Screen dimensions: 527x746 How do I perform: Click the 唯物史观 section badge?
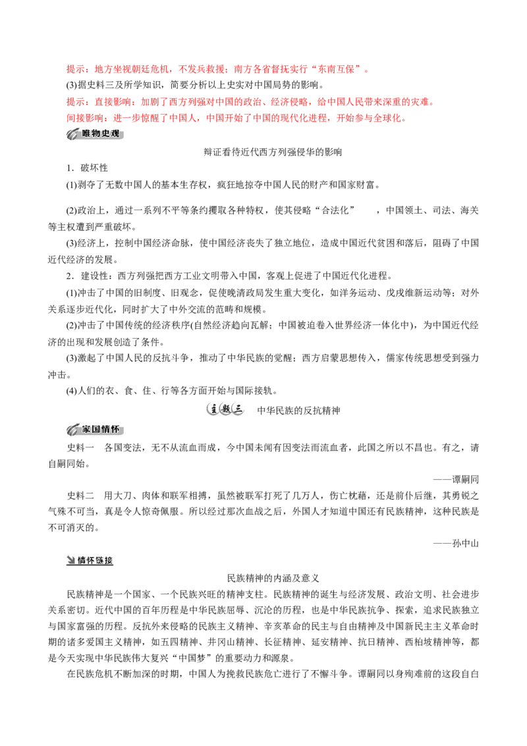95,134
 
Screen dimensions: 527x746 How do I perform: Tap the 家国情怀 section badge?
95,430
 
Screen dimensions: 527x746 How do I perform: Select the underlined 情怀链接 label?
90,560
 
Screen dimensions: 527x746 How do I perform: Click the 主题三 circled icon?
225,410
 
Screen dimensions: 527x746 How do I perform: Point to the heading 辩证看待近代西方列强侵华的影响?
273,152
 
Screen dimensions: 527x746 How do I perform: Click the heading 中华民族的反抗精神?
298,411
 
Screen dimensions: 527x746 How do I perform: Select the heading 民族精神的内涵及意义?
273,579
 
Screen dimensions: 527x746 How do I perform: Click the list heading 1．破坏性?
87,168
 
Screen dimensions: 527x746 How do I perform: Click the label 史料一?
80,447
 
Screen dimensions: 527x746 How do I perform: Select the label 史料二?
80,496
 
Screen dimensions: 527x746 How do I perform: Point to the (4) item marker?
72,391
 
